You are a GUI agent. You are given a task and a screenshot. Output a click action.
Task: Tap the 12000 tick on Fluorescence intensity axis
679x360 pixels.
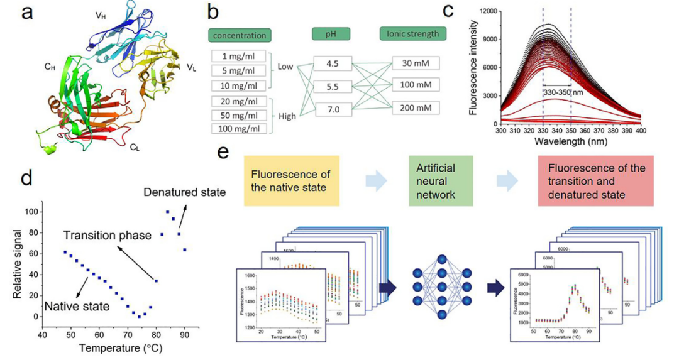pos(487,11)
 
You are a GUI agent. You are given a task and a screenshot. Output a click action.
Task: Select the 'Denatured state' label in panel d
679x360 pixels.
pos(184,191)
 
